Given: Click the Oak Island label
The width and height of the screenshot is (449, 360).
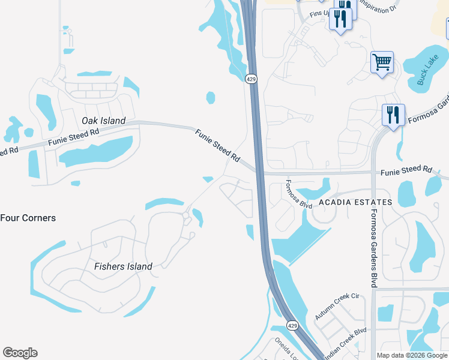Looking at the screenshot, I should (104, 121).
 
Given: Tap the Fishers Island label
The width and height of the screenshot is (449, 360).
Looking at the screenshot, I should (123, 266).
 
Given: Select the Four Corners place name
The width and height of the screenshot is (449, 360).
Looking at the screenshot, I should (28, 218).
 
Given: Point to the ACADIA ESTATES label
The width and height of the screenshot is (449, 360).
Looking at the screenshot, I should (355, 202).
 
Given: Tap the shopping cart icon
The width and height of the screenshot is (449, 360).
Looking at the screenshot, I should (382, 62).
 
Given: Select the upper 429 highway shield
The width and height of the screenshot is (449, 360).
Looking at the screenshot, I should (252, 78).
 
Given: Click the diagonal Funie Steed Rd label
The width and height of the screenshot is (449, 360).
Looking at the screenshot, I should (217, 145).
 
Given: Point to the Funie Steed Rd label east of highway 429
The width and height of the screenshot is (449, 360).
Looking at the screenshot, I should (406, 170).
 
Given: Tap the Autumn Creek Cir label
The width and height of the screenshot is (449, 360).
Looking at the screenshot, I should (336, 307).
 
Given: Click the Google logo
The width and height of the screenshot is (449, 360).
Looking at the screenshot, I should (20, 353).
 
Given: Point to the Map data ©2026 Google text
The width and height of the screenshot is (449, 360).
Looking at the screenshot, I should (412, 355).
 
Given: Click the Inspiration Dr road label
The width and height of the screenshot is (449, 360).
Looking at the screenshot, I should (378, 7).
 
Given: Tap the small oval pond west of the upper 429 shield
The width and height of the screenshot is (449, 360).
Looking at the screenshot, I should (211, 97).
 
